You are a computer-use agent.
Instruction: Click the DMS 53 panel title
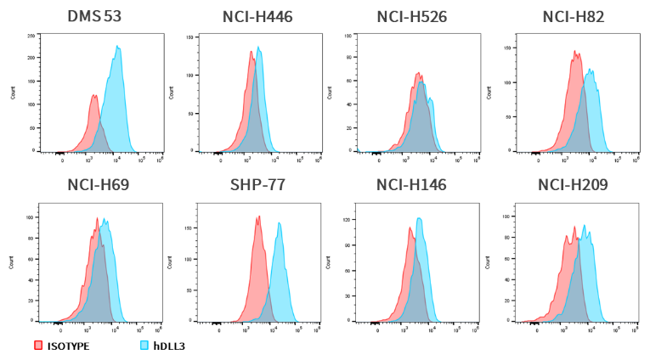click(94, 17)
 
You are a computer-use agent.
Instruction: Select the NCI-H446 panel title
click(257, 17)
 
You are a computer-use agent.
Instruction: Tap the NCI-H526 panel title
click(412, 17)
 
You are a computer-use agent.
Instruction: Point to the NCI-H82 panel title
click(573, 17)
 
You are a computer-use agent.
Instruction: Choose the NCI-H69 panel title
click(98, 184)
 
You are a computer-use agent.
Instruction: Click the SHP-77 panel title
click(257, 184)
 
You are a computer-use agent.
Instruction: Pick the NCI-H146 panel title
click(411, 184)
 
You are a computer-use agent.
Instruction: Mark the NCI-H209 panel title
click(573, 184)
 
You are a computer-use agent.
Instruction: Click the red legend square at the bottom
click(38, 345)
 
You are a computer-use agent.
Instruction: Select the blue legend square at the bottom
click(144, 345)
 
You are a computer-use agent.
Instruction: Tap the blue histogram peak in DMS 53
click(118, 48)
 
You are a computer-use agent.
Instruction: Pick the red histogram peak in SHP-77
click(257, 217)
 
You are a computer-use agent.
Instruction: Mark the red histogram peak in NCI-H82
click(575, 53)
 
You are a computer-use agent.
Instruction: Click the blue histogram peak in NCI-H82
click(589, 70)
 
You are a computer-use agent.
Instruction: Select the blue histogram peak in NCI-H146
click(419, 219)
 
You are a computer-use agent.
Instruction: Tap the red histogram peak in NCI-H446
click(252, 52)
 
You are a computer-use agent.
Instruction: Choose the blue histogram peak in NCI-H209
click(584, 226)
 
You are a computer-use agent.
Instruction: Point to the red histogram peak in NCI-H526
click(419, 74)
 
